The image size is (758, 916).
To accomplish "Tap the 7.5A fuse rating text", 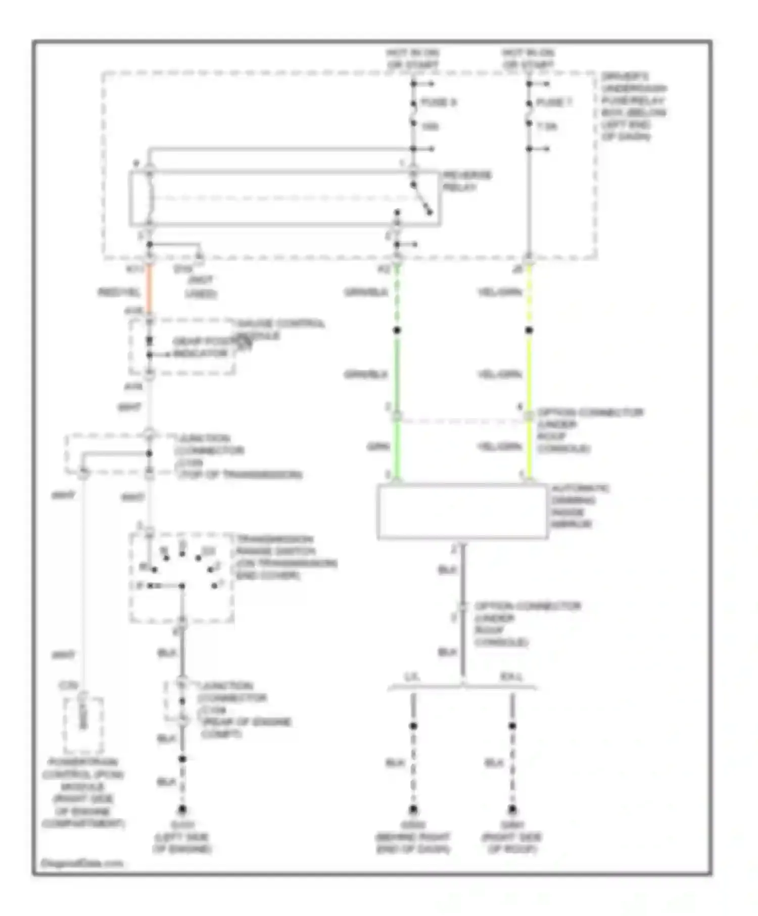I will [546, 126].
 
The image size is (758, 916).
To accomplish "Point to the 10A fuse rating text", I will [430, 126].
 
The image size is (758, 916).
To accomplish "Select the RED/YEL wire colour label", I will [118, 292].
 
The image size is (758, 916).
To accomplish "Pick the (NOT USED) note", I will [201, 287].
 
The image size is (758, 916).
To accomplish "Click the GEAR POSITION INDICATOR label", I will [201, 347].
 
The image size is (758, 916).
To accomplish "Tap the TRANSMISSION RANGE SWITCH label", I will [286, 557].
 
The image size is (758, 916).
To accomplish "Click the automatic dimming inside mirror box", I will [462, 512].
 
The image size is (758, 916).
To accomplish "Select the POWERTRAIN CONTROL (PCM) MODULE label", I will [83, 792].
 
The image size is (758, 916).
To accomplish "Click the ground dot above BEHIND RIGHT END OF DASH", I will [413, 809].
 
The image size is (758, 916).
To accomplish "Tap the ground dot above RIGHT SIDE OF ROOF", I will [512, 809].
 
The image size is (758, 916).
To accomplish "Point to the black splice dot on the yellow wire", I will [529, 330].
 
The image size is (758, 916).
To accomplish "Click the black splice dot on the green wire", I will [397, 330].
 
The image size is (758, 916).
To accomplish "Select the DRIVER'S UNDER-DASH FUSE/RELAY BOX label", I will [633, 107].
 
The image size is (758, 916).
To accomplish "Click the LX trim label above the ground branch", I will [412, 677].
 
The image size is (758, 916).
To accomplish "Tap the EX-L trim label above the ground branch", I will [511, 677].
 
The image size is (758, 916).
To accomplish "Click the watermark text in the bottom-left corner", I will [81, 863].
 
